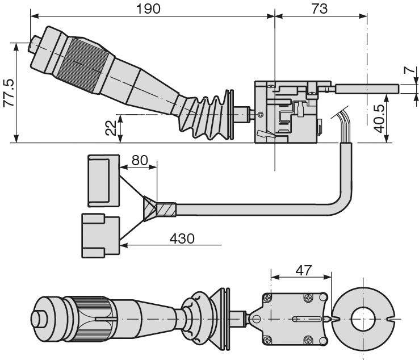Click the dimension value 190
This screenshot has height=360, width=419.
[148, 9]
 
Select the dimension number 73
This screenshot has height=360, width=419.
[319, 9]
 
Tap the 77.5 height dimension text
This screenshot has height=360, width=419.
[9, 93]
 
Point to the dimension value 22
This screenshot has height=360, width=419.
[111, 128]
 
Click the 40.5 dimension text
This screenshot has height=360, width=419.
[379, 119]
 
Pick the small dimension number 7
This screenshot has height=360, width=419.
[409, 70]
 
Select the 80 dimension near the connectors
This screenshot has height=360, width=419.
[140, 160]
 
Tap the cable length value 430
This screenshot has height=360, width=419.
[182, 238]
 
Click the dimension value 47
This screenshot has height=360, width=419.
[304, 270]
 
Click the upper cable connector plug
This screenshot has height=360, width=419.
[103, 181]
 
